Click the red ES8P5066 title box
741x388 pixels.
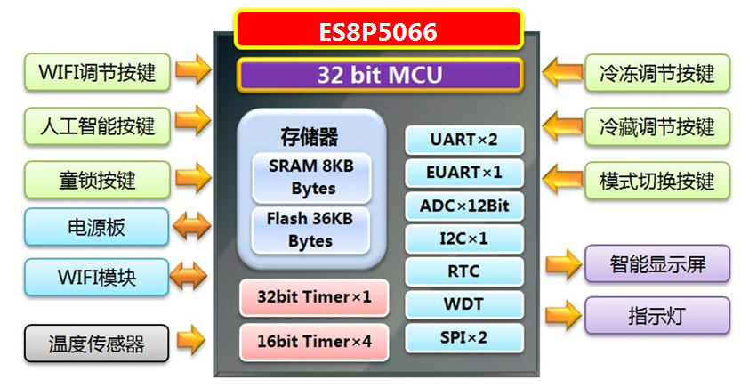pyautogui.click(x=378, y=30)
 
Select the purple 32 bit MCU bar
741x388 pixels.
pyautogui.click(x=378, y=75)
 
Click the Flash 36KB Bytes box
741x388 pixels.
pyautogui.click(x=310, y=230)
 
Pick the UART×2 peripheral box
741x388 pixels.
pyautogui.click(x=463, y=140)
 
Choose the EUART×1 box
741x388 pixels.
pyautogui.click(x=463, y=173)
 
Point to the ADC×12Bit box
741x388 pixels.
pyautogui.click(x=463, y=206)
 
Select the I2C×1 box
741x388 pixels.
pyautogui.click(x=463, y=238)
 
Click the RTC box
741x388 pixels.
pyautogui.click(x=463, y=271)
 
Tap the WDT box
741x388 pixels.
pyautogui.click(x=463, y=304)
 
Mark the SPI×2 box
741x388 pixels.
pyautogui.click(x=463, y=337)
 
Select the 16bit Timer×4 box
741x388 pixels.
pyautogui.click(x=314, y=342)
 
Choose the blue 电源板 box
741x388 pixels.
pyautogui.click(x=96, y=227)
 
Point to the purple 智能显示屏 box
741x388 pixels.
pyautogui.click(x=657, y=263)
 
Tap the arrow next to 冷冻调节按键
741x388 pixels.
pyautogui.click(x=562, y=71)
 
